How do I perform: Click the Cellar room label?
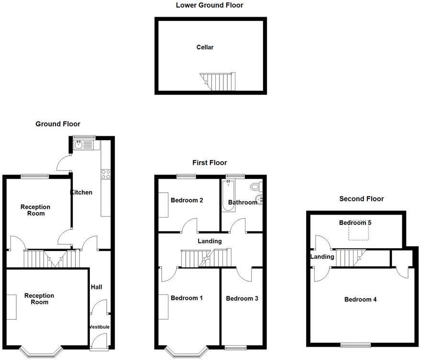pyautogui.click(x=205, y=47)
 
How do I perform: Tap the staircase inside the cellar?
pyautogui.click(x=218, y=81)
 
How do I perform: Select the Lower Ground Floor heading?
pyautogui.click(x=210, y=6)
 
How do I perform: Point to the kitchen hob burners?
pyautogui.click(x=106, y=175)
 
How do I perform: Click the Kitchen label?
pyautogui.click(x=81, y=193)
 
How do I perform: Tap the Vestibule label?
pyautogui.click(x=100, y=327)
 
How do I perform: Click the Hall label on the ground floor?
pyautogui.click(x=96, y=287)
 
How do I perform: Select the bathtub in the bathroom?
pyautogui.click(x=227, y=196)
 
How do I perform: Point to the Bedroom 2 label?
pyautogui.click(x=187, y=200)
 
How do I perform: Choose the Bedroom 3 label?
pyautogui.click(x=242, y=299)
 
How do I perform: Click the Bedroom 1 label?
pyautogui.click(x=187, y=298)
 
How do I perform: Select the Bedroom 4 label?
pyautogui.click(x=361, y=300)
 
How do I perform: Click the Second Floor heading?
pyautogui.click(x=361, y=199)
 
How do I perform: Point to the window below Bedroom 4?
pyautogui.click(x=355, y=345)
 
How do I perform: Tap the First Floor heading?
pyautogui.click(x=210, y=163)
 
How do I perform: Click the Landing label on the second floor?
pyautogui.click(x=322, y=257)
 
